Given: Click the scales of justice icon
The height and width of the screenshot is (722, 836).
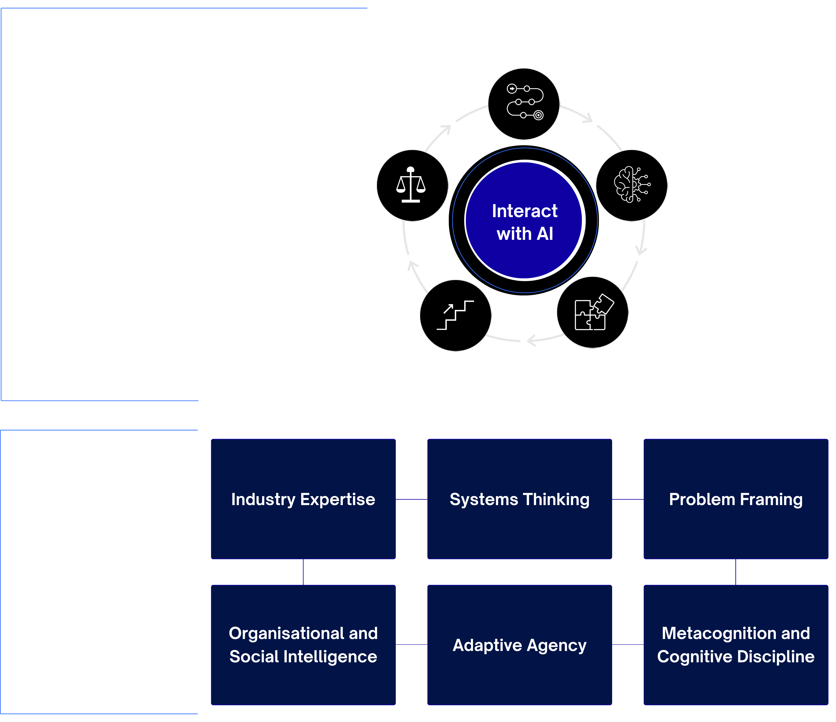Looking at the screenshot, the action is pos(411,185).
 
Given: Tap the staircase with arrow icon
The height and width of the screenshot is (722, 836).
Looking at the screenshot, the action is pos(455,315).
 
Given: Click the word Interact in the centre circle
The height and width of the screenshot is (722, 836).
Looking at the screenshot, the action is pos(525,211).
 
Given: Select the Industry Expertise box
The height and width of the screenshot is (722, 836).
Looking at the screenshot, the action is pos(303,499).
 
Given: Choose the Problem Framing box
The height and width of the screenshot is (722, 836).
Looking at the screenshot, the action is pos(736,499).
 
